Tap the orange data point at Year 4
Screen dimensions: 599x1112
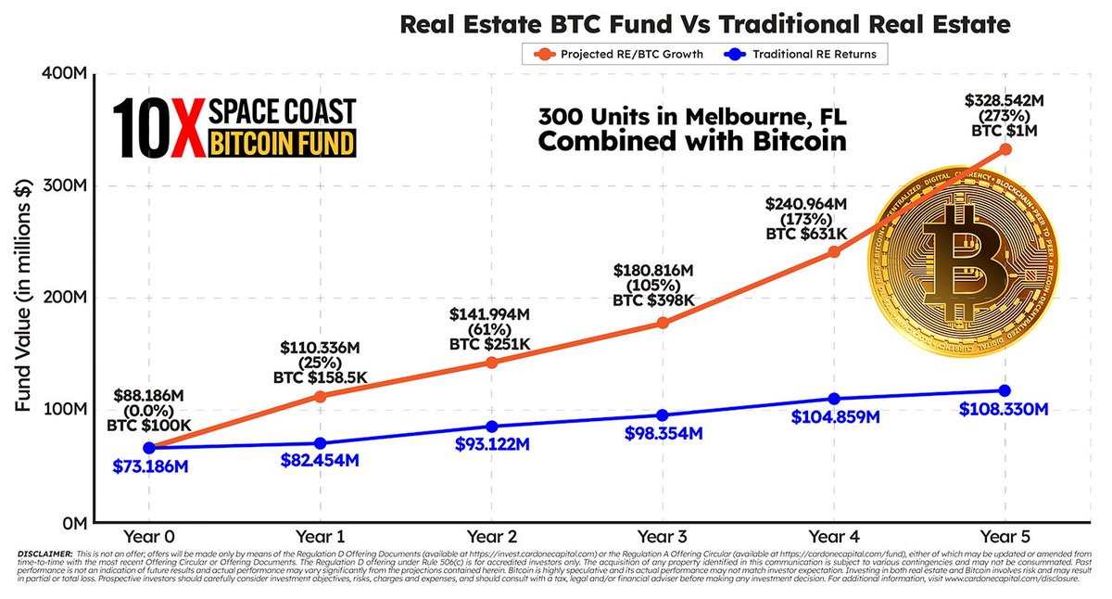click(x=834, y=251)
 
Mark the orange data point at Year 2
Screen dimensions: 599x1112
click(x=492, y=362)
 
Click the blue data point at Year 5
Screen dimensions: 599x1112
click(x=1004, y=390)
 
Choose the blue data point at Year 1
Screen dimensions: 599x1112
click(x=321, y=443)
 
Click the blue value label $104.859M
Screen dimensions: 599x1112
click(x=834, y=417)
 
